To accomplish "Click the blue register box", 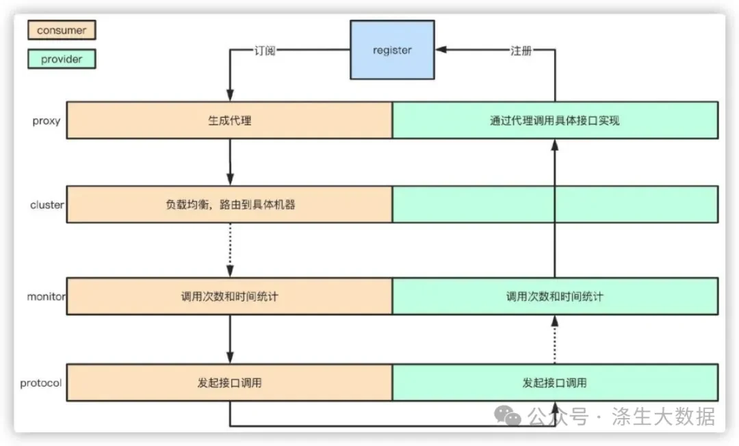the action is (392, 50).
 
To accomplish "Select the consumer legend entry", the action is (62, 30).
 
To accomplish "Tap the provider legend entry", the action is (62, 59).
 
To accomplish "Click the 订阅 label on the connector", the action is (264, 51).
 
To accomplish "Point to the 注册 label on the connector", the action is (521, 51).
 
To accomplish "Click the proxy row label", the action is (47, 121).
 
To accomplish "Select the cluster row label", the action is (47, 205).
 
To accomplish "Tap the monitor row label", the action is (47, 297).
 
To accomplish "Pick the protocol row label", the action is (40, 383).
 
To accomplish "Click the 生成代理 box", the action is (229, 120).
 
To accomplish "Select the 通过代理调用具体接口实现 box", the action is (555, 120).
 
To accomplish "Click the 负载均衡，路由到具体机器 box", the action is (229, 205).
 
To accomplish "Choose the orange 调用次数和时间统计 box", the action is (229, 296).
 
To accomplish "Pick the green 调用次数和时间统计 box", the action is (555, 296).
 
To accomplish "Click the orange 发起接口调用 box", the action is (229, 382).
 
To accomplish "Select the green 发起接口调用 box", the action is (555, 382).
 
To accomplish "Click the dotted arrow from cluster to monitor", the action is (230, 250).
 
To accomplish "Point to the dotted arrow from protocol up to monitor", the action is (555, 339).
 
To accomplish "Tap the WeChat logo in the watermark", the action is (507, 415).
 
